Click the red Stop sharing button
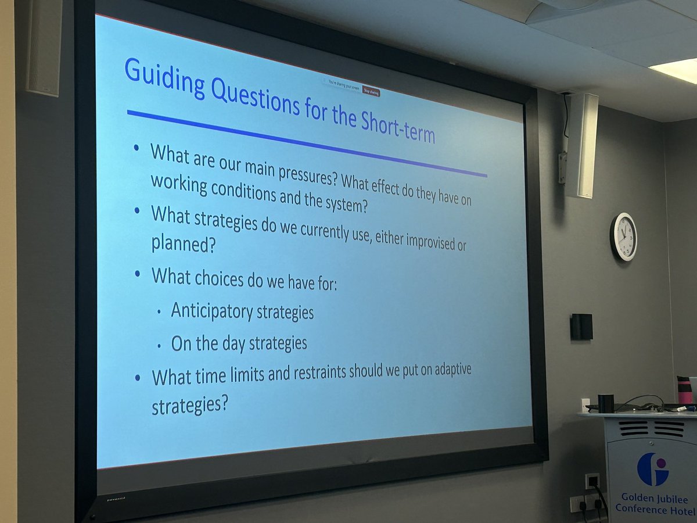pyautogui.click(x=371, y=91)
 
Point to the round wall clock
pyautogui.click(x=623, y=237)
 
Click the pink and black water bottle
pyautogui.click(x=684, y=390)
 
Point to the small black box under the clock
pyautogui.click(x=581, y=327)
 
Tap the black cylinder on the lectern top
pyautogui.click(x=606, y=403)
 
